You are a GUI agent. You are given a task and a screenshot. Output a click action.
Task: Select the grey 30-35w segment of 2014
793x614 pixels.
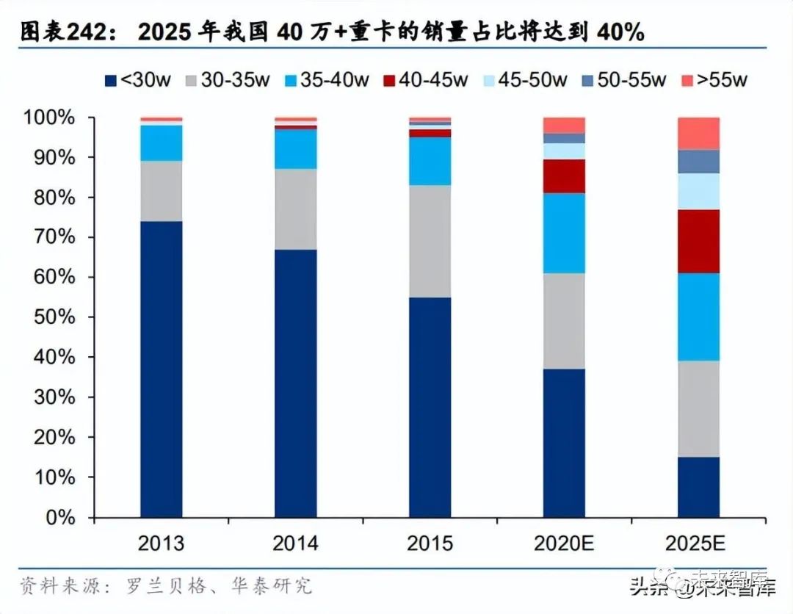(296, 209)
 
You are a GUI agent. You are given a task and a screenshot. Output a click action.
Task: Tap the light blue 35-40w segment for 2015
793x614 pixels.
(430, 161)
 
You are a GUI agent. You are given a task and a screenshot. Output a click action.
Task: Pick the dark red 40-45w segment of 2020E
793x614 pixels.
(565, 176)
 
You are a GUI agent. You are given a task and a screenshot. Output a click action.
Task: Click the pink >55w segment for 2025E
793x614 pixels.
(698, 133)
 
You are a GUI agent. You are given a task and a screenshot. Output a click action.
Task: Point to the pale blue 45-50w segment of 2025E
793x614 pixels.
(698, 191)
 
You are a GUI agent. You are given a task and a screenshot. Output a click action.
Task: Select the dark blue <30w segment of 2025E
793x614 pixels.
(698, 487)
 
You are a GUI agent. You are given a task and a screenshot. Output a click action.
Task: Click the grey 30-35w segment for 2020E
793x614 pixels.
(565, 321)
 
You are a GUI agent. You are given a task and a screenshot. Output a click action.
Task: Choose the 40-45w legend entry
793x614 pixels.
(427, 80)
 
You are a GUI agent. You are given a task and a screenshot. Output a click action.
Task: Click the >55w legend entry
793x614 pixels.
(714, 80)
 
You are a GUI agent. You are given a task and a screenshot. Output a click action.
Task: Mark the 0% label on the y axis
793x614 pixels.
(59, 517)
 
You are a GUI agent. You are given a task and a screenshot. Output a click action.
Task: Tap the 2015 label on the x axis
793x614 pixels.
(430, 544)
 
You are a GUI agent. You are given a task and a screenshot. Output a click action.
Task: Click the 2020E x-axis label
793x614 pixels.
(565, 544)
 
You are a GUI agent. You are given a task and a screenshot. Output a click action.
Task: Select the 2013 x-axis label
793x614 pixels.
(162, 544)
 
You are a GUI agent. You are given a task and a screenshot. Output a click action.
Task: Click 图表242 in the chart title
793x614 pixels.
(63, 32)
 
